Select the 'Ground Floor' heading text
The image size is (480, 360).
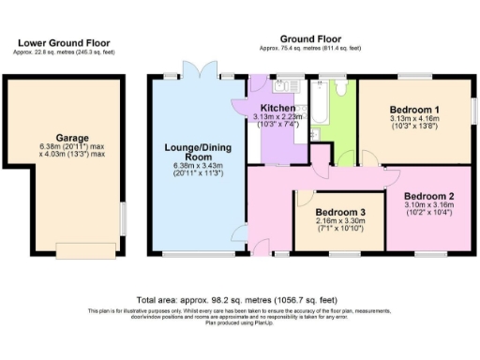point(300,38)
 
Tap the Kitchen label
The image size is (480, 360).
point(273,109)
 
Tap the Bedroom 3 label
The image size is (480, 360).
point(339,212)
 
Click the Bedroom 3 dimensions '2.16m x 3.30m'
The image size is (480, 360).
point(339,221)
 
